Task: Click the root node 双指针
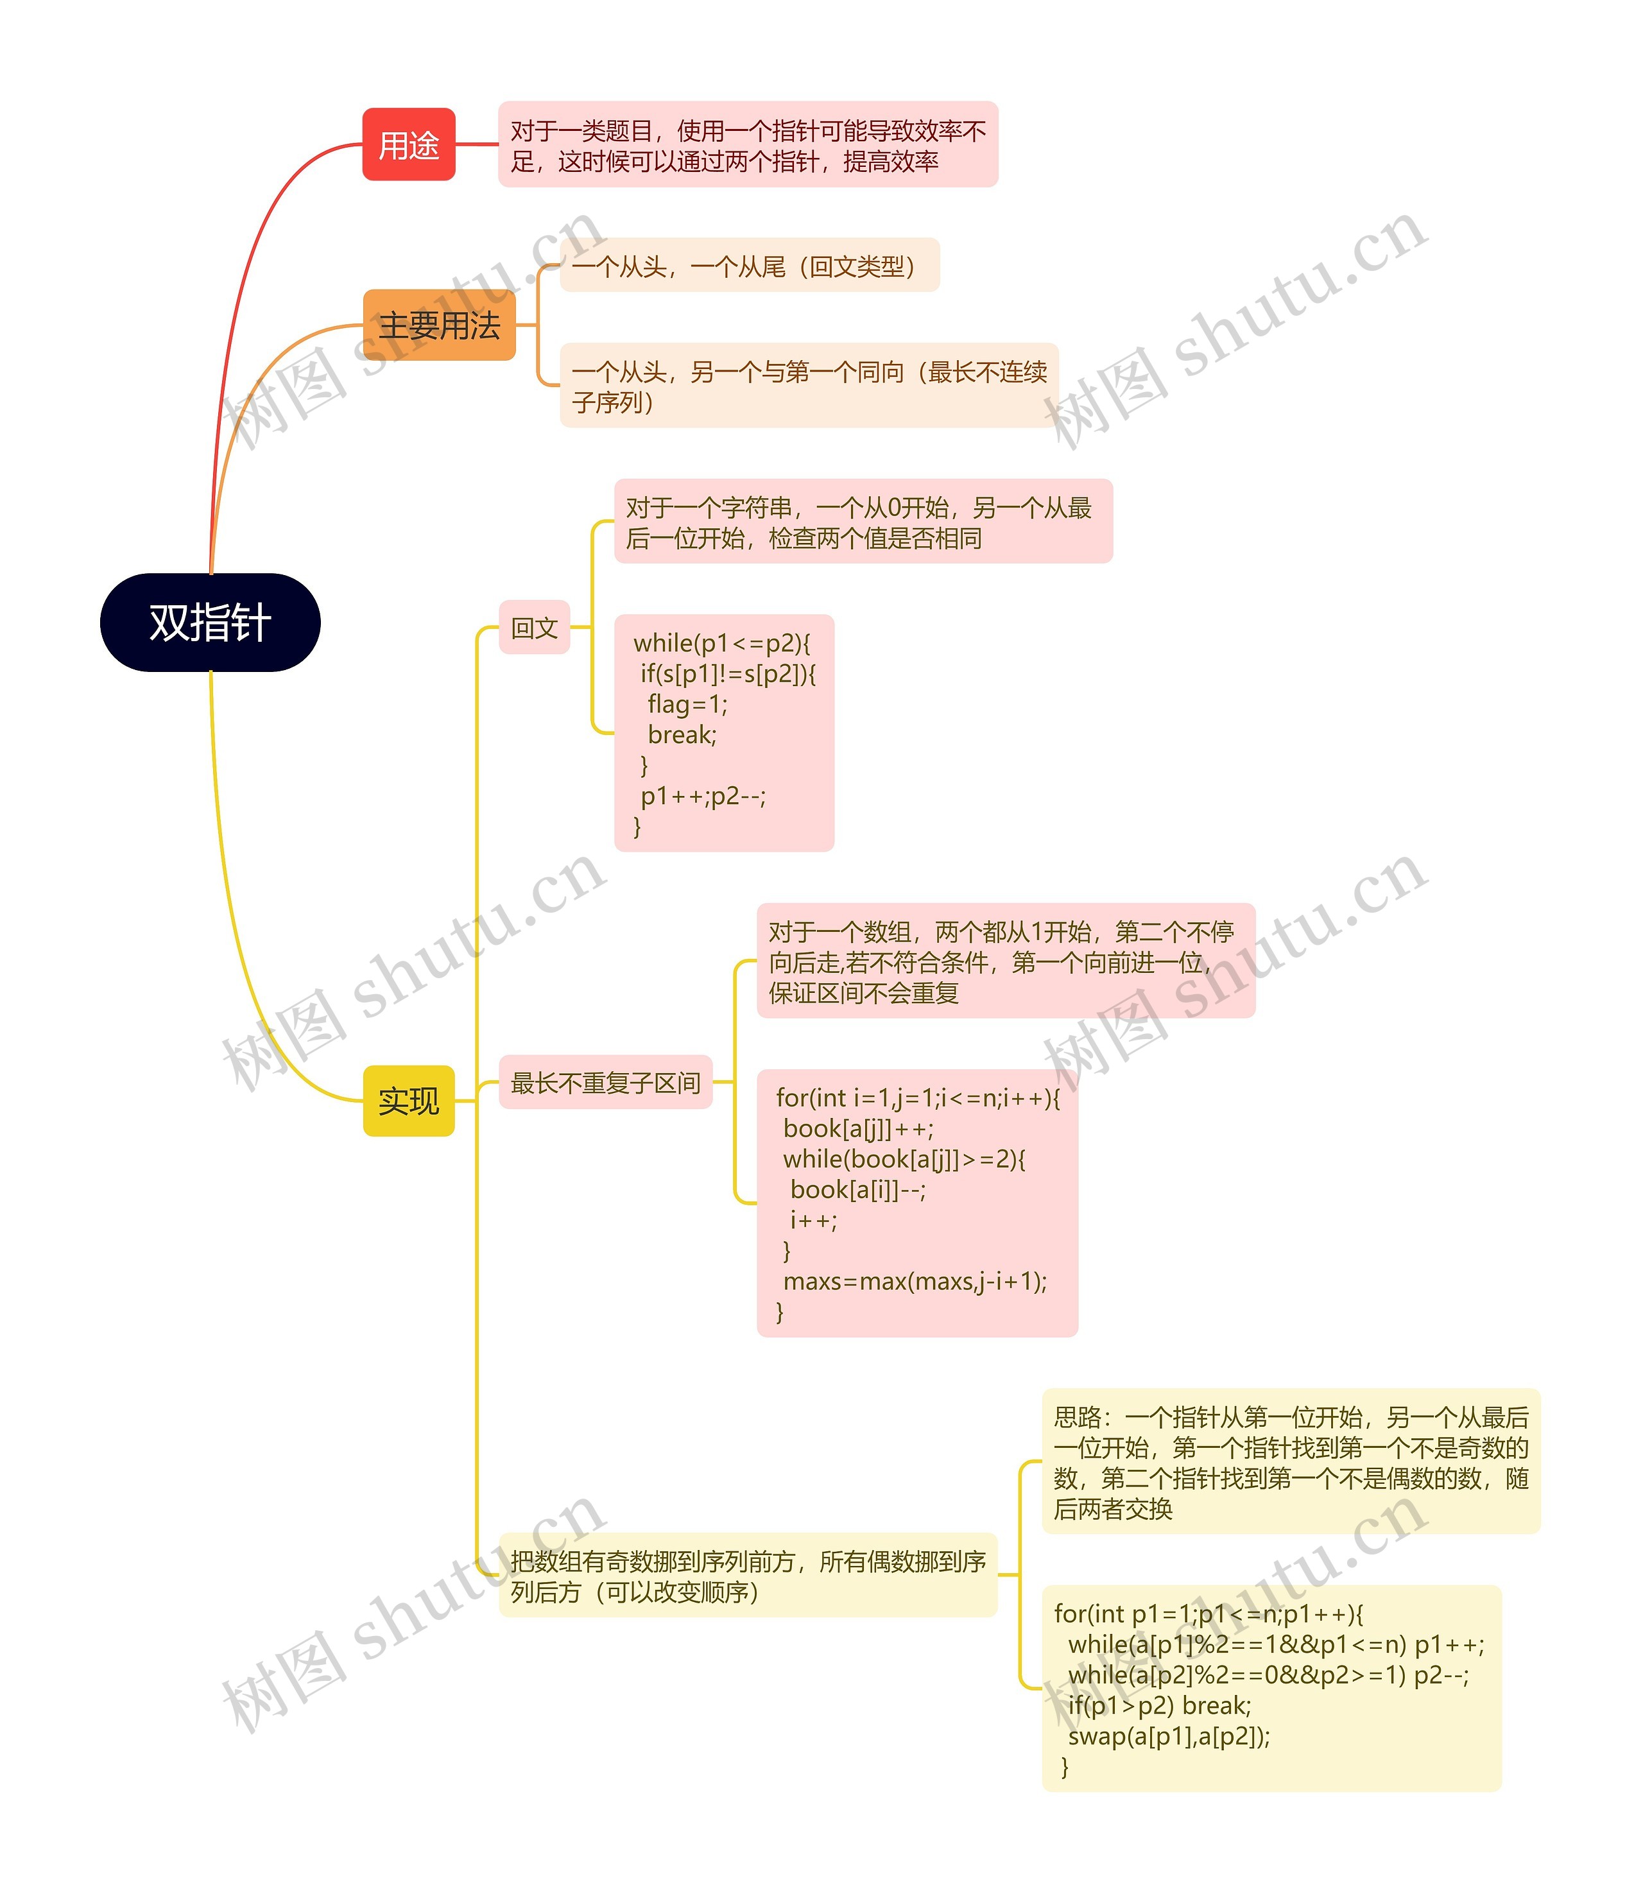click(x=210, y=623)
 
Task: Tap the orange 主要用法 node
click(x=439, y=325)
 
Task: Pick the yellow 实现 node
click(x=409, y=1100)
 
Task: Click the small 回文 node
click(x=535, y=628)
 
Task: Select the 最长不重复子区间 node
click(x=605, y=1083)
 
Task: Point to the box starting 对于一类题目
click(x=747, y=146)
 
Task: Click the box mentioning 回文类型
click(x=749, y=266)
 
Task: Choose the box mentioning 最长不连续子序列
click(x=809, y=386)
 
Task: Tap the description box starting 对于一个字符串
click(x=863, y=522)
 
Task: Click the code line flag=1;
click(x=687, y=704)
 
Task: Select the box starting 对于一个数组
click(x=1005, y=961)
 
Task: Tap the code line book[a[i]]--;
click(x=857, y=1190)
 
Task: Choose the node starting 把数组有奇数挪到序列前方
click(x=747, y=1576)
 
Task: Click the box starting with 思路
click(x=1290, y=1462)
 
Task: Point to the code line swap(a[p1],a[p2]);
click(x=1169, y=1735)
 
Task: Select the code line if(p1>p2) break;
click(x=1159, y=1705)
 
